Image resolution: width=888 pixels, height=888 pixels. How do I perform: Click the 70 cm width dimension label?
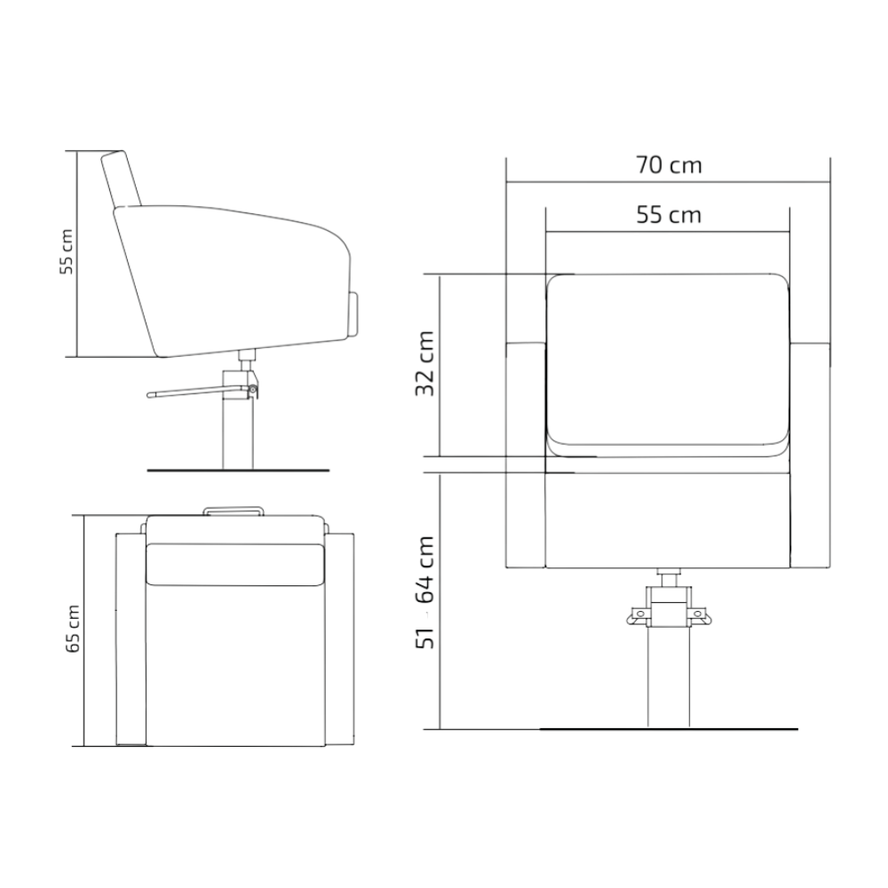(x=669, y=165)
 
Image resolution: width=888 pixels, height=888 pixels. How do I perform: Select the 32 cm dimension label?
(x=425, y=363)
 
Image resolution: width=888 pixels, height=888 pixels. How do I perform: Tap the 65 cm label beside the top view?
(x=73, y=629)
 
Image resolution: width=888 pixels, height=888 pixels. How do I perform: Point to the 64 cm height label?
(x=425, y=569)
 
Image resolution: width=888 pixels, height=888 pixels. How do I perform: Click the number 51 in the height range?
(x=425, y=637)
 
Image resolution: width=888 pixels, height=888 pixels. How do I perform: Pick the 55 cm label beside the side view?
(x=67, y=251)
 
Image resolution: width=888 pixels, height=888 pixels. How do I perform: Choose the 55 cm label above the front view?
(x=669, y=215)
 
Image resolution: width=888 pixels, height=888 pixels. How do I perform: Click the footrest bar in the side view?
(x=198, y=391)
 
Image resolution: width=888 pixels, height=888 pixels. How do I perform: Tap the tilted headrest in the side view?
(x=121, y=178)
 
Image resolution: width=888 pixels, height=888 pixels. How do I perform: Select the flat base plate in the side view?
(x=238, y=470)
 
